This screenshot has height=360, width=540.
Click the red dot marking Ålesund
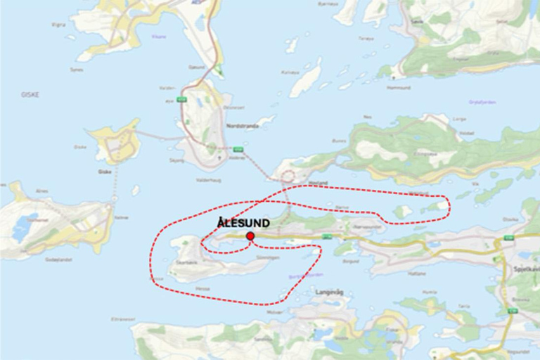pyautogui.click(x=250, y=236)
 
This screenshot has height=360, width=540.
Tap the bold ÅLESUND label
pyautogui.click(x=243, y=223)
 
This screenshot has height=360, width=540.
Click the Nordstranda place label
pyautogui.click(x=243, y=126)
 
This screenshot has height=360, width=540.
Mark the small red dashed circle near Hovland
pyautogui.click(x=288, y=176)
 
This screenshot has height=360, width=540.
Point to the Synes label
pyautogui.click(x=77, y=70)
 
